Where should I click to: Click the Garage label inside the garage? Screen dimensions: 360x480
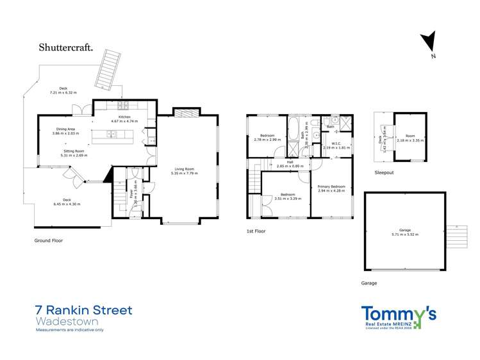click(x=404, y=232)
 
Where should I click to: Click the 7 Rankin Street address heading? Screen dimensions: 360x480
click(x=84, y=311)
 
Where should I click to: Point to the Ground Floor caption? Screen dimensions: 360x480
click(x=48, y=240)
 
